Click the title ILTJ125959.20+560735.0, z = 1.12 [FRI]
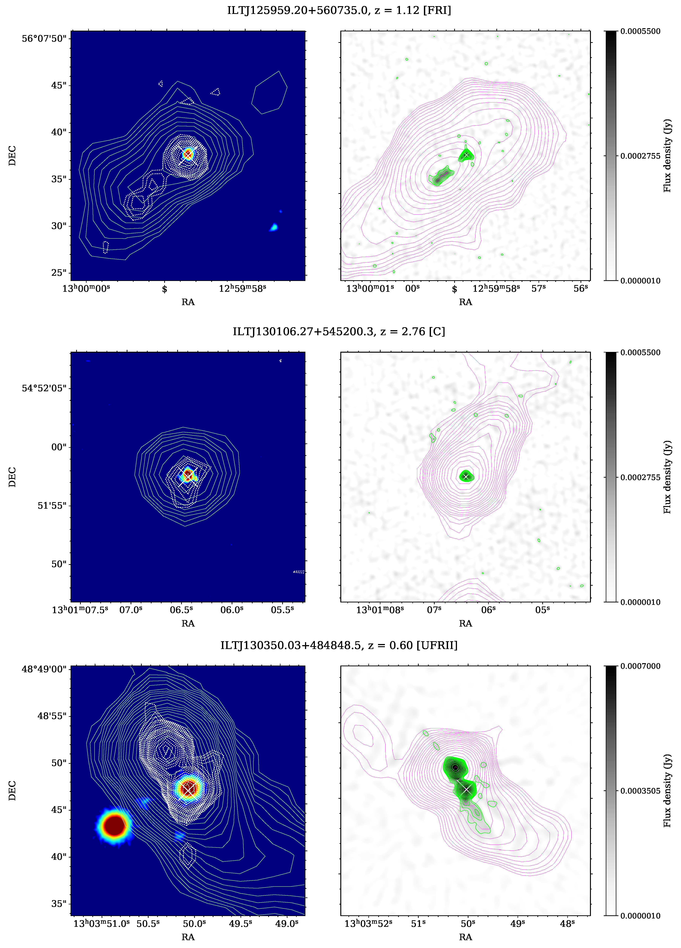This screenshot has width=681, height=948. click(339, 10)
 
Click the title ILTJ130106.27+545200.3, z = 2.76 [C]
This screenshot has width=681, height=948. click(339, 331)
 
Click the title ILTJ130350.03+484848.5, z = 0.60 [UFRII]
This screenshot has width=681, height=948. click(339, 645)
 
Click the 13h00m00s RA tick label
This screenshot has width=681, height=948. click(86, 288)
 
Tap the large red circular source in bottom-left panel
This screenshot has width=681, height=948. click(115, 825)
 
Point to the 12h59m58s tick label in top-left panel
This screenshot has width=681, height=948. click(242, 288)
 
